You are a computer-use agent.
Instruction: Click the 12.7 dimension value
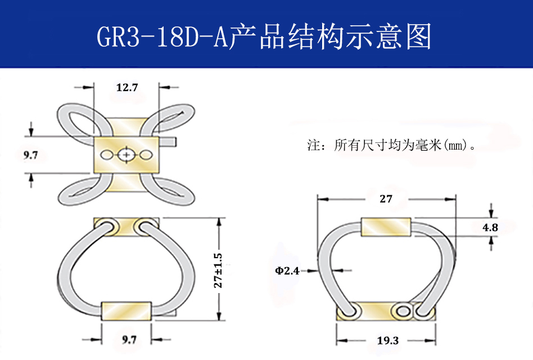pyautogui.click(x=127, y=87)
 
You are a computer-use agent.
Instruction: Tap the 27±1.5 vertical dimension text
pyautogui.click(x=218, y=271)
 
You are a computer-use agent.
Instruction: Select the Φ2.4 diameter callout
pyautogui.click(x=287, y=271)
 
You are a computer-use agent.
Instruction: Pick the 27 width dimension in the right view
pyautogui.click(x=386, y=199)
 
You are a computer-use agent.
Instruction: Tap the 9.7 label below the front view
pyautogui.click(x=129, y=340)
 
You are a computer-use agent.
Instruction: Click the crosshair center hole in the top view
pyautogui.click(x=127, y=155)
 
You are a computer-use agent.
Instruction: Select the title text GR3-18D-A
pyautogui.click(x=162, y=38)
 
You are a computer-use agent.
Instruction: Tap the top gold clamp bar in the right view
pyautogui.click(x=386, y=227)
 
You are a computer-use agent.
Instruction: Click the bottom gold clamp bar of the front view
pyautogui.click(x=126, y=310)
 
